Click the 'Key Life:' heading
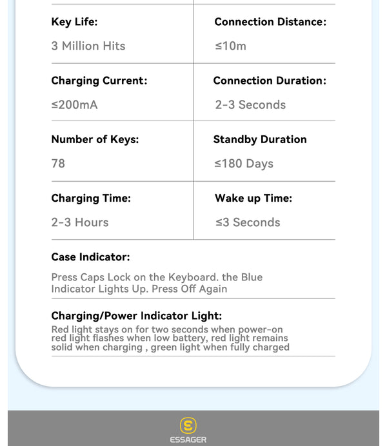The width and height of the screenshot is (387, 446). (x=74, y=22)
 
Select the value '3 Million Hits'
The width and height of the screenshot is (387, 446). (x=88, y=46)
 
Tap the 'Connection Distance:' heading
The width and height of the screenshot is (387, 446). (x=270, y=22)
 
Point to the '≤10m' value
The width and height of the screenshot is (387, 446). (x=230, y=46)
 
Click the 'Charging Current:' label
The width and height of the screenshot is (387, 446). (x=99, y=81)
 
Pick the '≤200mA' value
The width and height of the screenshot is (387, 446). (x=74, y=104)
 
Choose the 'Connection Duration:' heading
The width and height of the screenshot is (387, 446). (x=270, y=81)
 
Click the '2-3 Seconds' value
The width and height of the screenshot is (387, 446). (x=250, y=104)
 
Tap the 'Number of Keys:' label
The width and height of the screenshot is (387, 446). (x=95, y=139)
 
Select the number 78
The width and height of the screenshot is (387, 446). (x=58, y=164)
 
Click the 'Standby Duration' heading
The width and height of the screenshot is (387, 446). (x=260, y=139)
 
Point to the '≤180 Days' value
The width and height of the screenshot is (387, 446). (x=244, y=164)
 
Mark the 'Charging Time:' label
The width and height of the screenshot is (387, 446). (x=91, y=199)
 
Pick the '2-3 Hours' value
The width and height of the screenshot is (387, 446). (x=80, y=222)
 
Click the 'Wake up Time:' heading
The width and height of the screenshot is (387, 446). (x=253, y=199)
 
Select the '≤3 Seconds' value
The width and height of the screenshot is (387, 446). (x=248, y=222)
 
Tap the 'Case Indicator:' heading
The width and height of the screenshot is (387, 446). (x=90, y=257)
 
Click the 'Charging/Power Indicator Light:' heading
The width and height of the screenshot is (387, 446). (x=137, y=316)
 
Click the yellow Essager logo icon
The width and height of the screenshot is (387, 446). (x=188, y=425)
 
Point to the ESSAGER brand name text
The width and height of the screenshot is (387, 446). (x=188, y=440)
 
